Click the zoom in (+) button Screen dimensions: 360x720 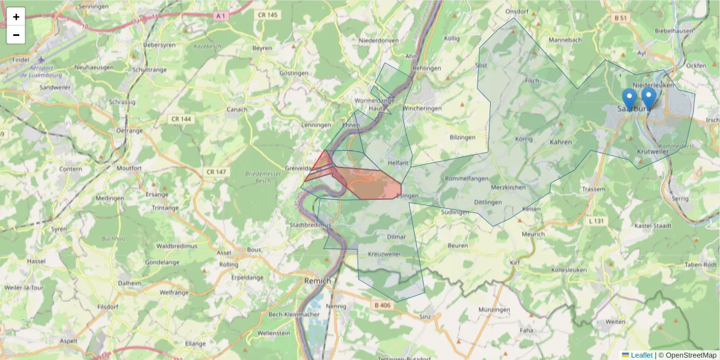tap(16, 17)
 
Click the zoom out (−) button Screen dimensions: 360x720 tap(16, 35)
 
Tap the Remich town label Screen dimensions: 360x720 tap(317, 281)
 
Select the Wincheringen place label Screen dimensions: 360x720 tap(422, 109)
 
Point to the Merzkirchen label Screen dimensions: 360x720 tap(508, 187)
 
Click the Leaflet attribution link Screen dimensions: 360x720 tap(641, 355)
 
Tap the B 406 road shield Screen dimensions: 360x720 tap(382, 306)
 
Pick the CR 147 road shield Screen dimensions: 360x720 tap(216, 172)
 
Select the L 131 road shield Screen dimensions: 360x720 tap(596, 221)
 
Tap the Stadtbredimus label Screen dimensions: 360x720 tap(310, 225)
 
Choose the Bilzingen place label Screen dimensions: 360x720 tap(463, 137)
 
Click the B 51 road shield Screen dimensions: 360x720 tap(620, 19)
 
